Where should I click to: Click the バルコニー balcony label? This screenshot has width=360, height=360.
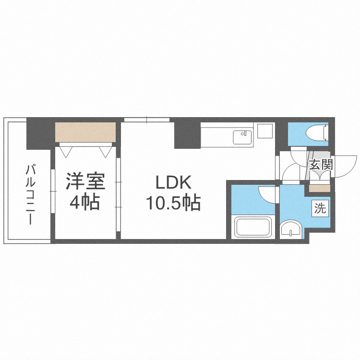pos(30,194)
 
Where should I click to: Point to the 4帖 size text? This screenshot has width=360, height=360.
pos(84,203)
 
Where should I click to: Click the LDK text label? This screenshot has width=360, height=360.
pos(173,182)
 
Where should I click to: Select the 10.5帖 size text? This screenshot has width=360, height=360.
pos(173,204)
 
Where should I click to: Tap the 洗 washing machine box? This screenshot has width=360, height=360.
pos(320,208)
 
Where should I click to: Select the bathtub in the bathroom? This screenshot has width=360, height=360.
pos(252,227)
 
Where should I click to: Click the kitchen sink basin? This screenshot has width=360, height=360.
pos(243,137)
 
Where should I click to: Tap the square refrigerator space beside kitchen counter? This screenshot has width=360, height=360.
pos(264,131)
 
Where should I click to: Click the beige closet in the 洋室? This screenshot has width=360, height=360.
pos(85,132)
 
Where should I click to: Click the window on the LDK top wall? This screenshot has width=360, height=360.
pos(147,120)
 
